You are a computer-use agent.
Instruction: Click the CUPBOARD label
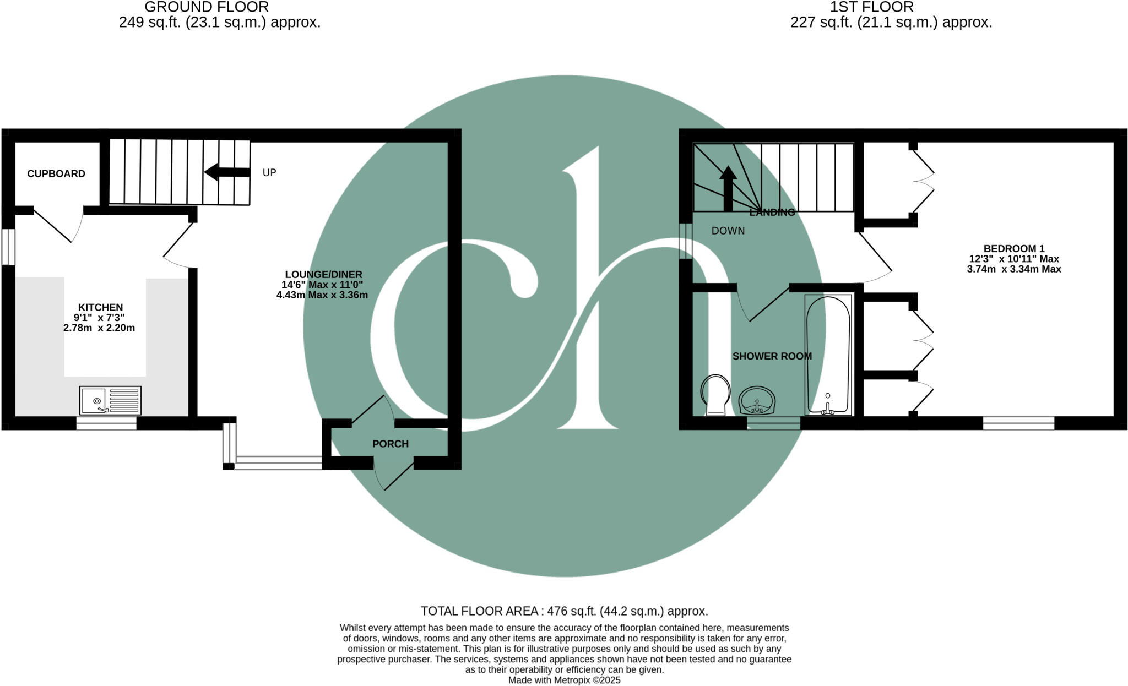coord(56,174)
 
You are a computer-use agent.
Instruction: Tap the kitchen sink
coord(110,400)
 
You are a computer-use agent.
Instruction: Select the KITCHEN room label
coord(100,308)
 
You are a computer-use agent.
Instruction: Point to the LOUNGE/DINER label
coord(323,275)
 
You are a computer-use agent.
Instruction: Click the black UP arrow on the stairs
coord(226,172)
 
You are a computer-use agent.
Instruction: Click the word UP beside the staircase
coord(269,173)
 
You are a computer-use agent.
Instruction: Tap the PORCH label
coord(391,444)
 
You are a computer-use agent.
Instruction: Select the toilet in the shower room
coord(715,395)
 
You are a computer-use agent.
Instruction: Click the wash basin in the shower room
coord(757,400)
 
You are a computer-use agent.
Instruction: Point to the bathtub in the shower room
coord(828,355)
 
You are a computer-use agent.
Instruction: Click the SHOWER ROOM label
coord(772,357)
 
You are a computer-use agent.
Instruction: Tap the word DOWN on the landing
coord(728,231)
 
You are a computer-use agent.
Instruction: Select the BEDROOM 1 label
coord(1014,249)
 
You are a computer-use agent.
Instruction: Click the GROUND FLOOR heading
coord(207,7)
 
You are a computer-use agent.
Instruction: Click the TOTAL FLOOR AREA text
coord(564,611)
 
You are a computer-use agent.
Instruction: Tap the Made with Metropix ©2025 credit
coord(564,680)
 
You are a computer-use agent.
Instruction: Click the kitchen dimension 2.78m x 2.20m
coord(99,328)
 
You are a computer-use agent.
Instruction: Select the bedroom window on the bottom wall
coord(1018,423)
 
